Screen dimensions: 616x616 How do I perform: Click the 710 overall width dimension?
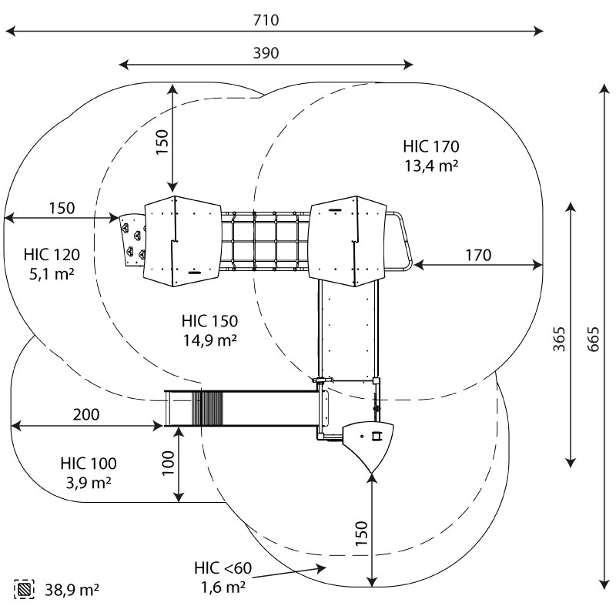pyautogui.click(x=266, y=20)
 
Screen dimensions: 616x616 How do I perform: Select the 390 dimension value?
pyautogui.click(x=266, y=53)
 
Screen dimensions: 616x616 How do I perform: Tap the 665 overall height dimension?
pyautogui.click(x=593, y=339)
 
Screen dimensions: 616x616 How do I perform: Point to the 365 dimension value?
pyautogui.click(x=559, y=339)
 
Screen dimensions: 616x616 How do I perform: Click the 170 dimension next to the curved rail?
pyautogui.click(x=478, y=256)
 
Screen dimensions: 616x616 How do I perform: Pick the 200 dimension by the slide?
pyautogui.click(x=86, y=414)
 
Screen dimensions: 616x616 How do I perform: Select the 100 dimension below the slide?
pyautogui.click(x=168, y=463)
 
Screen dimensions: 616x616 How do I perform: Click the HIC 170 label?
pyautogui.click(x=431, y=146)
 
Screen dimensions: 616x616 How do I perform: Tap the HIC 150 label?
pyautogui.click(x=209, y=321)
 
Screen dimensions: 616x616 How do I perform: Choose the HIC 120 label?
pyautogui.click(x=52, y=255)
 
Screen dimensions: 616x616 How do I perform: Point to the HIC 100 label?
pyautogui.click(x=89, y=464)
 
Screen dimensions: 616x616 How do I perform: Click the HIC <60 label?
pyautogui.click(x=223, y=568)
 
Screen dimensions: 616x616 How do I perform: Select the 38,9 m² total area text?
pyautogui.click(x=72, y=590)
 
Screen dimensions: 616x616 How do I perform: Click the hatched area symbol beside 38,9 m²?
pyautogui.click(x=24, y=589)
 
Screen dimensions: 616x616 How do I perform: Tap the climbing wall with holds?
pyautogui.click(x=132, y=240)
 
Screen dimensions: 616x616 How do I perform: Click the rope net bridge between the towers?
pyautogui.click(x=265, y=242)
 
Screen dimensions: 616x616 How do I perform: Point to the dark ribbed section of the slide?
pyautogui.click(x=207, y=409)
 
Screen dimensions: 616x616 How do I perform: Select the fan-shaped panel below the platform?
pyautogui.click(x=369, y=445)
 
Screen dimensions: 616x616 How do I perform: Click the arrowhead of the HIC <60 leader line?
pyautogui.click(x=322, y=568)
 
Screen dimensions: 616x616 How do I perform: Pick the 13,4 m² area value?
pyautogui.click(x=431, y=166)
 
